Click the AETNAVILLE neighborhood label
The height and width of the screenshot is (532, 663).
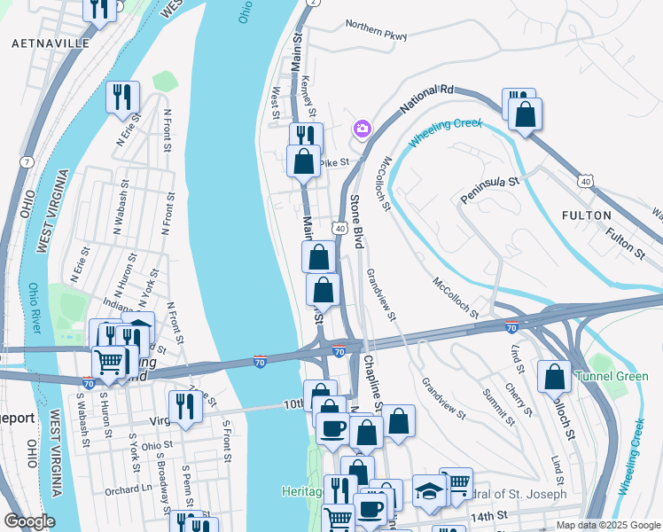click(51, 43)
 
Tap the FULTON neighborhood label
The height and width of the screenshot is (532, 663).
click(586, 215)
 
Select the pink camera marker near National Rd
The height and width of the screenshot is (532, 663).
click(362, 129)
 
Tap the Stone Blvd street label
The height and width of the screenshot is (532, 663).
click(356, 221)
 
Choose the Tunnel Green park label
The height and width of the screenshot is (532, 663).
click(612, 377)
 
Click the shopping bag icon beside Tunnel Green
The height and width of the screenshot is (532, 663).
click(554, 377)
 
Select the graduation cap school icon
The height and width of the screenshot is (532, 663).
click(429, 491)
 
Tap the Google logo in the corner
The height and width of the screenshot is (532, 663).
click(29, 521)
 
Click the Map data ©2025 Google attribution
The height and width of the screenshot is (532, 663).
click(607, 525)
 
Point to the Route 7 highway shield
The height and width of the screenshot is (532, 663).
click(27, 162)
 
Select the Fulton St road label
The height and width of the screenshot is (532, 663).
click(626, 242)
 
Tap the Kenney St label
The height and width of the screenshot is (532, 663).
click(308, 97)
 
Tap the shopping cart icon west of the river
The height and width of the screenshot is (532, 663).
click(108, 361)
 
